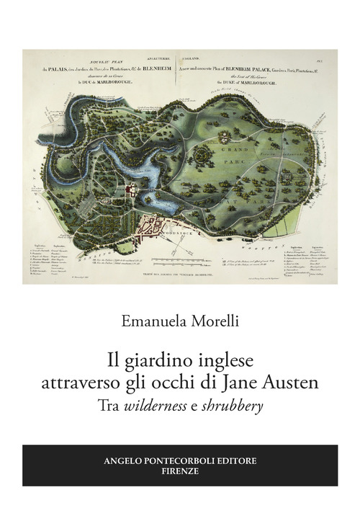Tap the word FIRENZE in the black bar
pos(180,471)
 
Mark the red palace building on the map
pos(131,190)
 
